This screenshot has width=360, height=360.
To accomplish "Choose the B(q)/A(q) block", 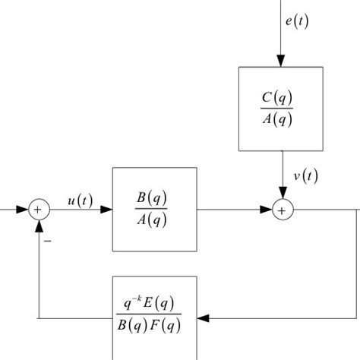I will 154,209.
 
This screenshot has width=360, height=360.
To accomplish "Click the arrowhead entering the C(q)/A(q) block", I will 281,61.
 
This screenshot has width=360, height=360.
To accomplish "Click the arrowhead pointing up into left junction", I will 38,224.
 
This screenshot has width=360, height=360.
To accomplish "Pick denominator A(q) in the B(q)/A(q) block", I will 154,220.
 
